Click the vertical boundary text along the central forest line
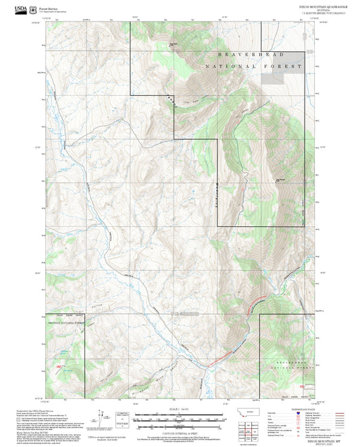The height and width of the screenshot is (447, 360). pyautogui.click(x=217, y=196)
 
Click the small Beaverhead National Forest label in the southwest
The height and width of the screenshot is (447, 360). pyautogui.click(x=65, y=322)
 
